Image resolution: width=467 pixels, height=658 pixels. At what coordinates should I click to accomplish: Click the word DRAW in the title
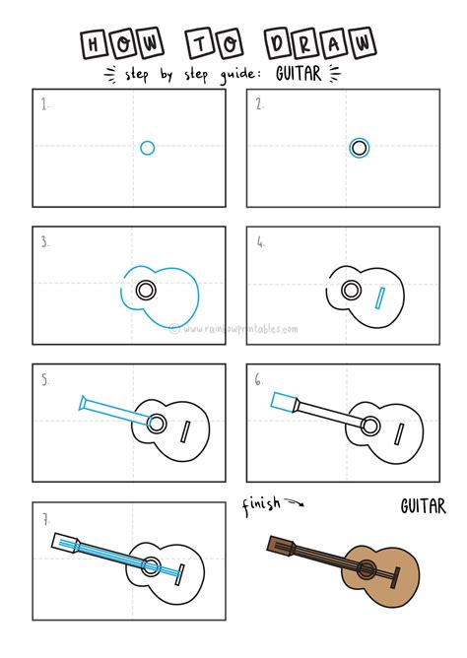tap(320, 43)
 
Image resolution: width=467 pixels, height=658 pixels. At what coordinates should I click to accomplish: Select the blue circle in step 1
tap(147, 148)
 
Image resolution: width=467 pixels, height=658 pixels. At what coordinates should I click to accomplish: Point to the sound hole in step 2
tap(360, 148)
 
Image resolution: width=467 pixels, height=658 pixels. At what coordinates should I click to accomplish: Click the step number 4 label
tap(260, 241)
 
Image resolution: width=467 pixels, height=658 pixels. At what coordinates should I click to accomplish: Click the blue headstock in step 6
tap(284, 401)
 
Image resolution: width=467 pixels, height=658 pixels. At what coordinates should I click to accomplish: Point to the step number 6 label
tap(259, 378)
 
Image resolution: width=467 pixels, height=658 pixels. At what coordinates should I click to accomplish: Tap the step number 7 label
tap(45, 517)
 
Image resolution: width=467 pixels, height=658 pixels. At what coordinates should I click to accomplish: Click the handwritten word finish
tap(260, 505)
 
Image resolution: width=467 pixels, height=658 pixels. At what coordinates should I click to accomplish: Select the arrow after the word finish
tap(295, 504)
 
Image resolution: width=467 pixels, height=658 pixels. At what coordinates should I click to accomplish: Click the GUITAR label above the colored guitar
tap(423, 507)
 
